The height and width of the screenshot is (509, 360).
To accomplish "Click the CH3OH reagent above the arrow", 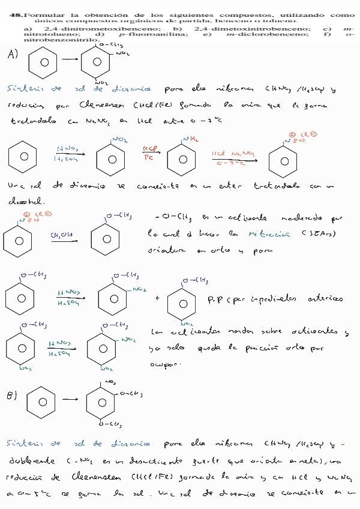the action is point(60,235).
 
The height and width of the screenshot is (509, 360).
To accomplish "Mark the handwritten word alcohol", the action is point(22,201).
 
